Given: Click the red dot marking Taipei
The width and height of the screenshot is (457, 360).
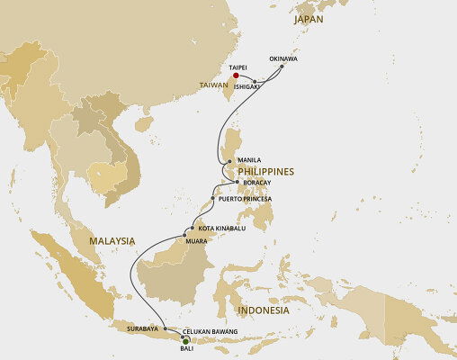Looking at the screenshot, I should [x=236, y=76].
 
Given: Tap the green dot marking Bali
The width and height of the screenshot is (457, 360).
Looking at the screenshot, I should [x=185, y=340].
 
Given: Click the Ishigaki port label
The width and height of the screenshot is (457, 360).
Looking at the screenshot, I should [x=249, y=86].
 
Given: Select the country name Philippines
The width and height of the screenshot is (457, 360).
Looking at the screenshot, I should [x=265, y=171].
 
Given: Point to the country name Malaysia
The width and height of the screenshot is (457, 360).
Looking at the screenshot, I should [x=112, y=240].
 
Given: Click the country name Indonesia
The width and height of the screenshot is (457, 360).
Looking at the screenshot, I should [x=263, y=310].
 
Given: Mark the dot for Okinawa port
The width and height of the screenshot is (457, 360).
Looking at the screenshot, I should [x=282, y=67].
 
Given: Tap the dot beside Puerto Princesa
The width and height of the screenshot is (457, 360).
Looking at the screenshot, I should [x=212, y=198].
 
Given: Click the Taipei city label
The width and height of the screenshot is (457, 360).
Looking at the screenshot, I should [x=237, y=67].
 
